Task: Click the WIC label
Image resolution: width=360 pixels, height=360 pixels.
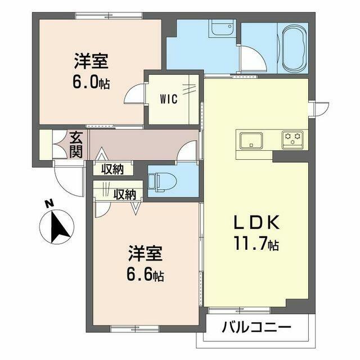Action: point(169,99)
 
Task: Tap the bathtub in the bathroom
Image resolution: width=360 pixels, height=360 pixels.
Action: point(295,48)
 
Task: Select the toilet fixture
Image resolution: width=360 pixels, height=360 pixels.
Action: point(162,182)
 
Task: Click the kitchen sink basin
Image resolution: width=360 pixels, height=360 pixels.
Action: point(251,140)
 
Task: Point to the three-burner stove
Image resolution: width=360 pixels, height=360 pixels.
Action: point(292,140)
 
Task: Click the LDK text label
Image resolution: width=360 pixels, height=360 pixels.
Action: point(256,222)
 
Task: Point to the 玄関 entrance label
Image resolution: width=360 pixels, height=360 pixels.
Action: point(76,145)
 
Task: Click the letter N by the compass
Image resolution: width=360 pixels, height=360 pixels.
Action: point(49,204)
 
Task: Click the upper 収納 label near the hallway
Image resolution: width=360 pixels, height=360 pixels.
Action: point(112,170)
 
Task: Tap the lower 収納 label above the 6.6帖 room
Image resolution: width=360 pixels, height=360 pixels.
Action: point(125,195)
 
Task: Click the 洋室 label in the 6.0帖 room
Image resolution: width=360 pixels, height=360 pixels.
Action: point(91,61)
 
